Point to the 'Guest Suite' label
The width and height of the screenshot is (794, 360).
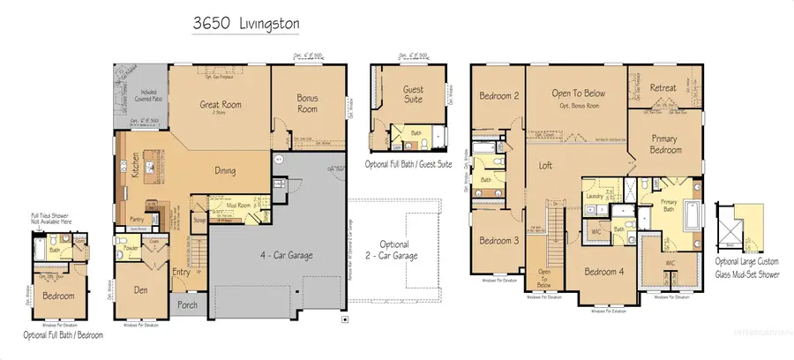(413, 94)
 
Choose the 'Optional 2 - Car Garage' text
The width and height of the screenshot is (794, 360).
(400, 250)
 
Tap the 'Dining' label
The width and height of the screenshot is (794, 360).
(229, 172)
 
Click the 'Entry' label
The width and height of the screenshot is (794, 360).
(181, 273)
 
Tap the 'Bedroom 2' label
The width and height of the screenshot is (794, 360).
(498, 95)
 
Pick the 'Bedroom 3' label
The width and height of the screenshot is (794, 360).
(498, 241)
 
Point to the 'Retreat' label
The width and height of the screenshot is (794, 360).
(663, 88)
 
